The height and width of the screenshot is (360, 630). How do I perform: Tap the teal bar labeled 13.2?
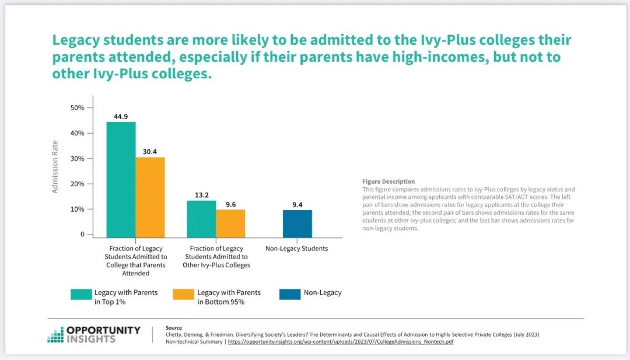click(201, 219)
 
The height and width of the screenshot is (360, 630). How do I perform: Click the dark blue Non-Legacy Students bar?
click(297, 223)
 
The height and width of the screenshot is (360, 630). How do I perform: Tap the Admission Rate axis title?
click(55, 167)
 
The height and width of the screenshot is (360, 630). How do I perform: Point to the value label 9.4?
click(297, 204)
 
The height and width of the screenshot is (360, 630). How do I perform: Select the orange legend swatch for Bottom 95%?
click(184, 294)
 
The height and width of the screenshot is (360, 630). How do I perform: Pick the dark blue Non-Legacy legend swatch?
click(290, 294)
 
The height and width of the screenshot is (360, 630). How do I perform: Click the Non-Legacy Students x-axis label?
click(296, 249)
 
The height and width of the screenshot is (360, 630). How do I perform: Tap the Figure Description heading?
click(388, 181)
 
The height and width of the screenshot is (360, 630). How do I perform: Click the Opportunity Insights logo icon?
click(55, 334)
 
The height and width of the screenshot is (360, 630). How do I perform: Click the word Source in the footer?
click(174, 328)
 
